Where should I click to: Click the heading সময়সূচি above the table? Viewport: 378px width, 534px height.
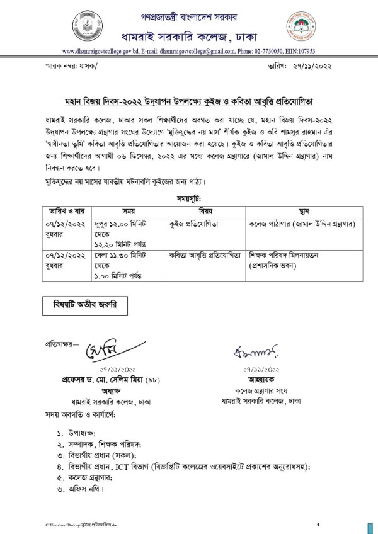(188, 198)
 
